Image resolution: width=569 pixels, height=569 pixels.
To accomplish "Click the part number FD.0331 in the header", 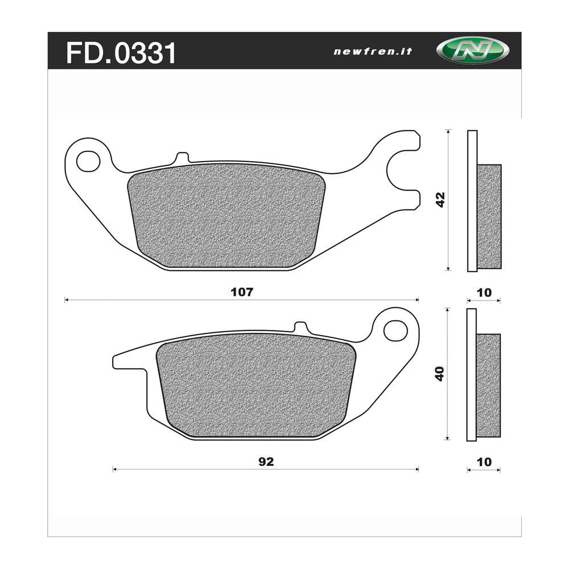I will tap(121, 52).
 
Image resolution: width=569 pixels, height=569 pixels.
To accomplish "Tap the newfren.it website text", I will tap(373, 51).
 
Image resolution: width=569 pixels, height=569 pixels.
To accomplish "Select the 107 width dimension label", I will tap(241, 292).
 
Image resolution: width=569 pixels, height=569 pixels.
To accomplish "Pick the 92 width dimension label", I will tap(266, 462).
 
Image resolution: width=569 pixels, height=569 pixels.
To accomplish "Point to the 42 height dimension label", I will tap(440, 199).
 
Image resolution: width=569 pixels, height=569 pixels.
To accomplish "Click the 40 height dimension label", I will tap(439, 373).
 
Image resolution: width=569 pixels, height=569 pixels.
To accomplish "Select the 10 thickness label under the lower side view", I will tap(484, 462).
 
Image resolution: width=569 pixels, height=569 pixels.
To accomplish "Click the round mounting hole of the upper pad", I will tap(88, 161).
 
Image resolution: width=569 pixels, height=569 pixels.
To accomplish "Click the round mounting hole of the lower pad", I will tap(395, 331).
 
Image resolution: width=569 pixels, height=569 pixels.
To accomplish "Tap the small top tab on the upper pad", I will tap(182, 157).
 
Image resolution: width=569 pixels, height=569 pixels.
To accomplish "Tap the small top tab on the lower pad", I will tap(300, 327).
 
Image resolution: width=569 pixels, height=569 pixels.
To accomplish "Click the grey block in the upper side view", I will tap(489, 216).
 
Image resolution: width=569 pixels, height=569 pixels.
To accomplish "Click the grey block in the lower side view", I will tap(488, 385).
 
